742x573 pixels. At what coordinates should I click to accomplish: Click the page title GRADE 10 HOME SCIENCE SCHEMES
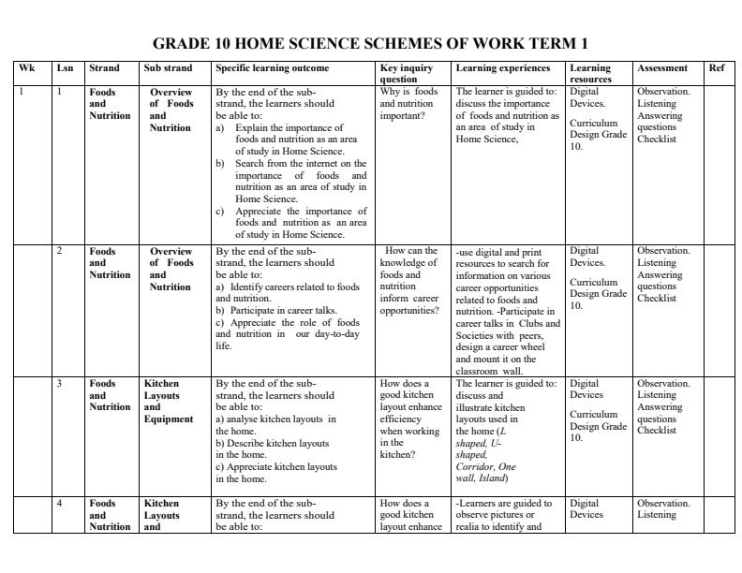pyautogui.click(x=370, y=44)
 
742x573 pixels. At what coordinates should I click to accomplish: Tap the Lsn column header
pyautogui.click(x=64, y=68)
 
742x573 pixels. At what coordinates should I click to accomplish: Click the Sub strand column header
pyautogui.click(x=168, y=68)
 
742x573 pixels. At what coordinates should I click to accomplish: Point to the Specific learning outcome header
pyautogui.click(x=272, y=68)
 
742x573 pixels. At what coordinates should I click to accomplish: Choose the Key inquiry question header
pyautogui.click(x=406, y=74)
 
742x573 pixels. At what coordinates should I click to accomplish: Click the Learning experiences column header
pyautogui.click(x=503, y=68)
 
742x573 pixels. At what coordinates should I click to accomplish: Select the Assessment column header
pyautogui.click(x=661, y=68)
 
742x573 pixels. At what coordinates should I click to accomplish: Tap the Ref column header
pyautogui.click(x=716, y=68)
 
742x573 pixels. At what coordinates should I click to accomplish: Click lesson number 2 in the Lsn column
pyautogui.click(x=60, y=251)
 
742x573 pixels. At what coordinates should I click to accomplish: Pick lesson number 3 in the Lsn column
pyautogui.click(x=60, y=384)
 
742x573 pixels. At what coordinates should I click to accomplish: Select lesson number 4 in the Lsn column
pyautogui.click(x=60, y=504)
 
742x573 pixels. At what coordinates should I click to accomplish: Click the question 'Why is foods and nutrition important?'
pyautogui.click(x=409, y=104)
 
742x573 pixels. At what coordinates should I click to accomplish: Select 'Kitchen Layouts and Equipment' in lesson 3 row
pyautogui.click(x=169, y=401)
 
